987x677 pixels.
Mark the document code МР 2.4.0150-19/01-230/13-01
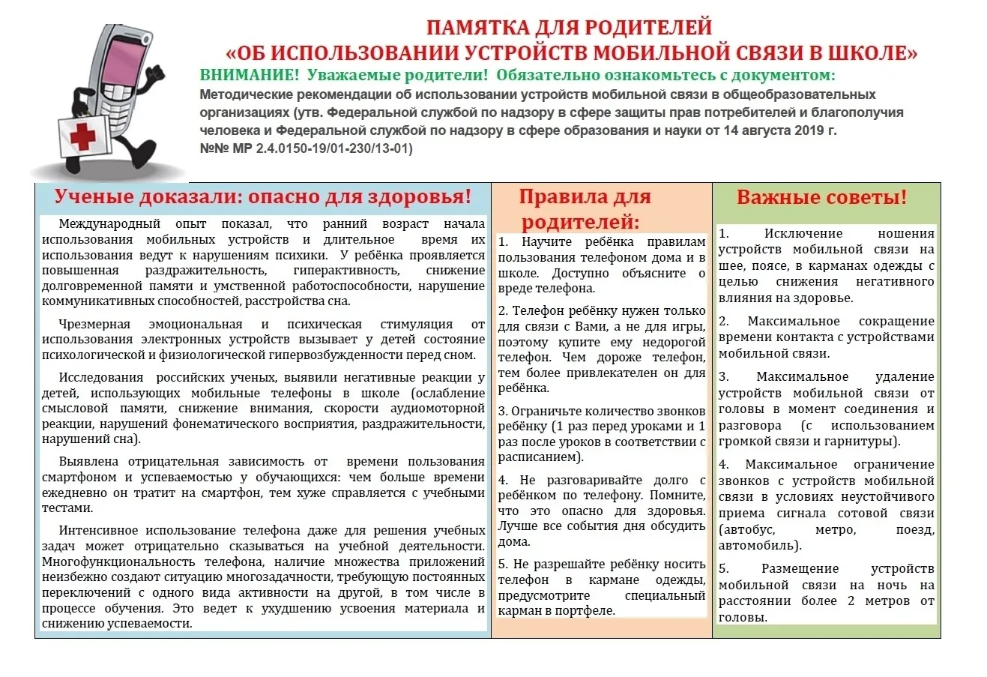tap(322, 148)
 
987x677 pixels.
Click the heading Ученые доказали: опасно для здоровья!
tap(263, 197)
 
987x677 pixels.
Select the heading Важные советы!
tap(821, 197)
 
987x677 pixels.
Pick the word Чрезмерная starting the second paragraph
tap(94, 325)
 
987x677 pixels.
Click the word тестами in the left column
tap(67, 508)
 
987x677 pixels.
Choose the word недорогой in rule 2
tap(674, 342)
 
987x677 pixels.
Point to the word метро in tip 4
tap(836, 529)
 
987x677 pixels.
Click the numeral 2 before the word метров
tap(851, 601)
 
